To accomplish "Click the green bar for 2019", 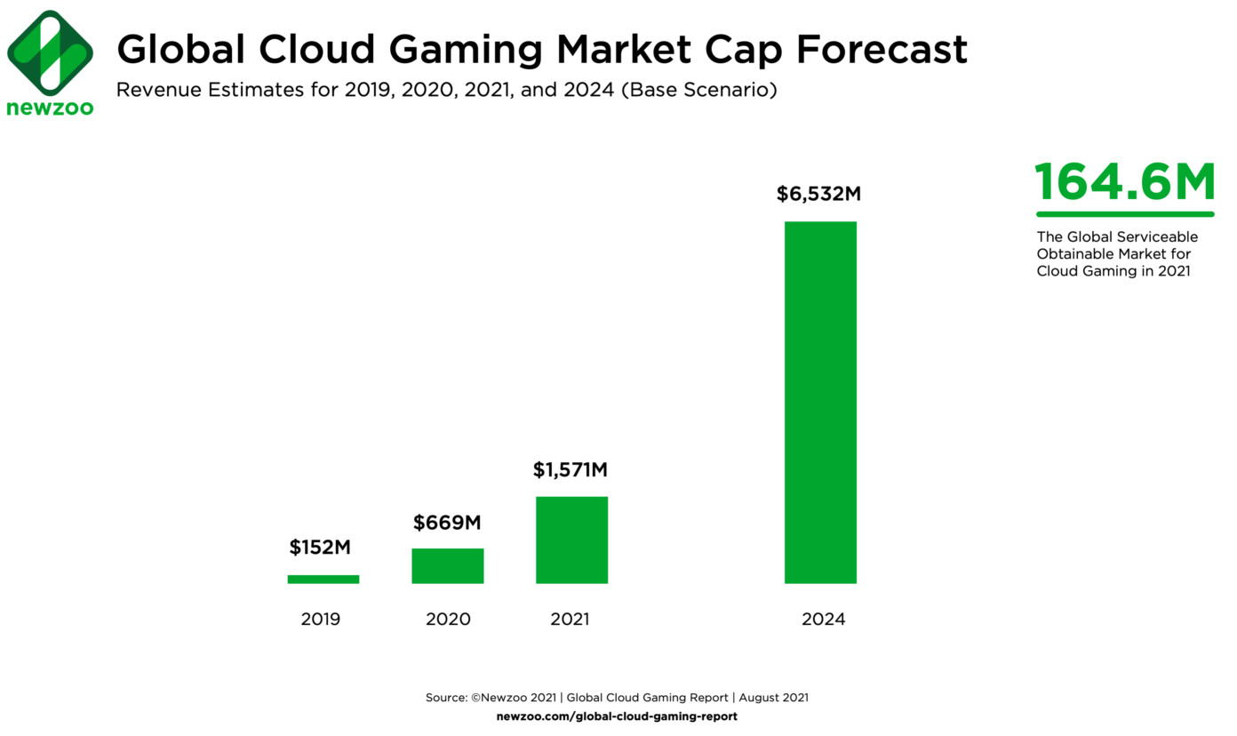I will [323, 580].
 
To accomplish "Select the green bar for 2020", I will [447, 566].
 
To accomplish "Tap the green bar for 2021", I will [571, 540].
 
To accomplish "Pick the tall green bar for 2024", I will [820, 402].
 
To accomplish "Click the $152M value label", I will [320, 548].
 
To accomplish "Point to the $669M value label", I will [447, 523].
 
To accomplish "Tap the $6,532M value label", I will [818, 195].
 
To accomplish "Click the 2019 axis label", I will [320, 619].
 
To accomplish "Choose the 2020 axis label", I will [448, 619].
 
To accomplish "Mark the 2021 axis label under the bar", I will [570, 619].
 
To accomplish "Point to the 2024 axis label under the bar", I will [823, 619].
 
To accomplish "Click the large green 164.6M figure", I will [1124, 182].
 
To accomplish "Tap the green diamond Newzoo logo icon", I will [50, 52].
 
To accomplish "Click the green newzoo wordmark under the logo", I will [50, 108].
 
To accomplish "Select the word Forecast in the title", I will [882, 50].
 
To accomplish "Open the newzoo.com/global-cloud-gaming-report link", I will [617, 716].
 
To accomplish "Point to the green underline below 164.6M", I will [1124, 214].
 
